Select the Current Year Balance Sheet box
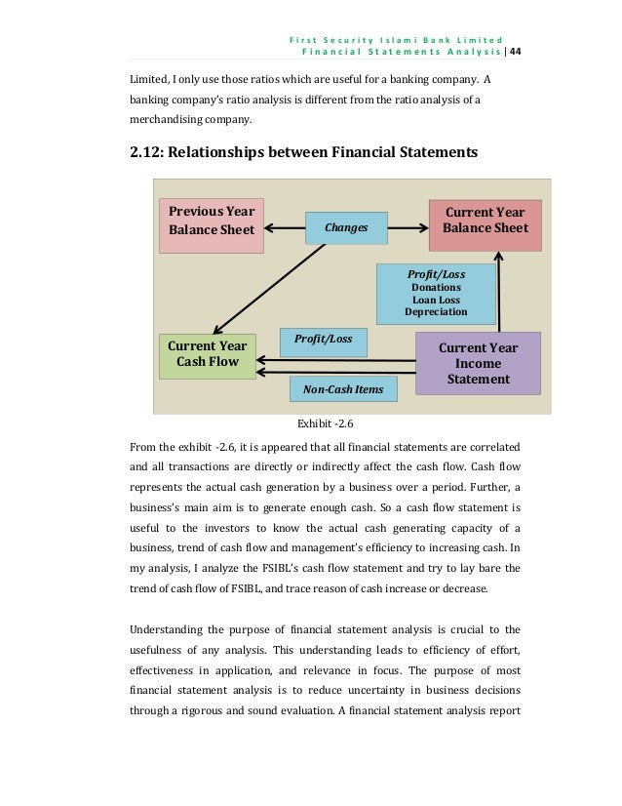click(484, 222)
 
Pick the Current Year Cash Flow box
click(207, 355)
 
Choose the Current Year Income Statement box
click(478, 363)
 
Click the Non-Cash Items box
click(344, 390)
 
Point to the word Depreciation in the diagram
click(436, 312)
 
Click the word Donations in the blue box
click(436, 288)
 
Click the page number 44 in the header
click(516, 51)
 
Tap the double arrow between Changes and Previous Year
click(284, 227)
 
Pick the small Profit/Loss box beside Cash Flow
click(323, 340)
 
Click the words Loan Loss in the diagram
click(436, 300)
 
